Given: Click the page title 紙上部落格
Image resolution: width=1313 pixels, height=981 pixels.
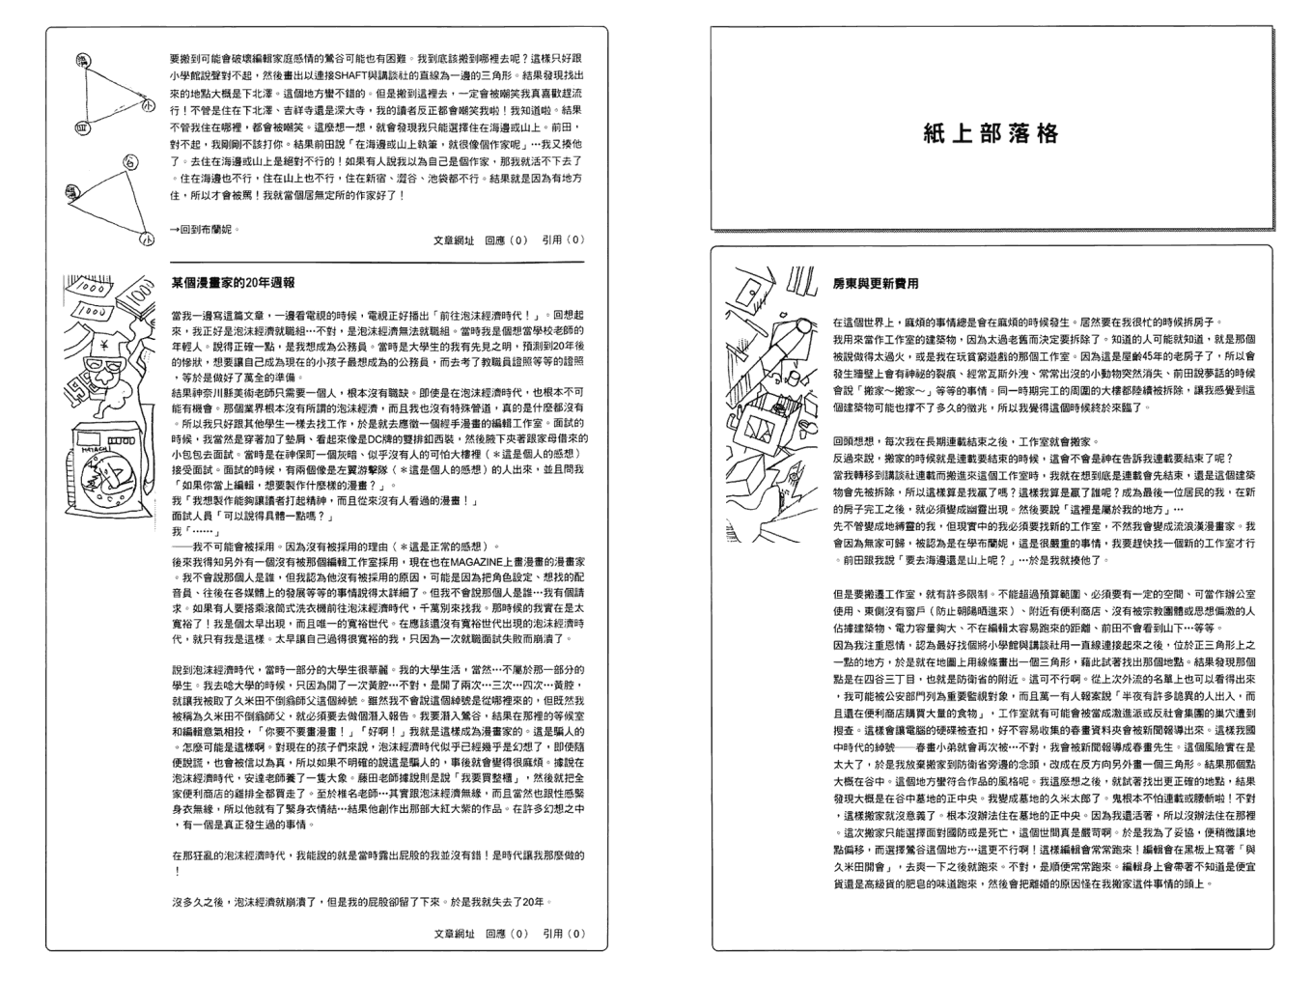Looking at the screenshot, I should click(992, 133).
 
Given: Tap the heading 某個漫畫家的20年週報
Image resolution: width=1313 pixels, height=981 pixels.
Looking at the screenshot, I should click(233, 283).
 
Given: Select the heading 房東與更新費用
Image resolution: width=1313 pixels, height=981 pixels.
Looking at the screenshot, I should click(876, 284).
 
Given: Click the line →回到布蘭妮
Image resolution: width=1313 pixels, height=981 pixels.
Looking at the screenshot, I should click(204, 230).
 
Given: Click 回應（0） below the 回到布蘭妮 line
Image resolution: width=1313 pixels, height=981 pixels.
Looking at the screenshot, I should click(506, 240).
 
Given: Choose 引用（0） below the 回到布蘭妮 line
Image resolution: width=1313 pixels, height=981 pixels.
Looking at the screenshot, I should click(564, 240).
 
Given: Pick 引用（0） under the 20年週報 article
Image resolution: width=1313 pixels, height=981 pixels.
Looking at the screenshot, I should click(564, 934).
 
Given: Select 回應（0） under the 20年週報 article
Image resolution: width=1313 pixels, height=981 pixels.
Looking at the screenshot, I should click(506, 934).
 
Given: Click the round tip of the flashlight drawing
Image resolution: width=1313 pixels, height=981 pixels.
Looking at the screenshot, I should click(806, 329).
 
